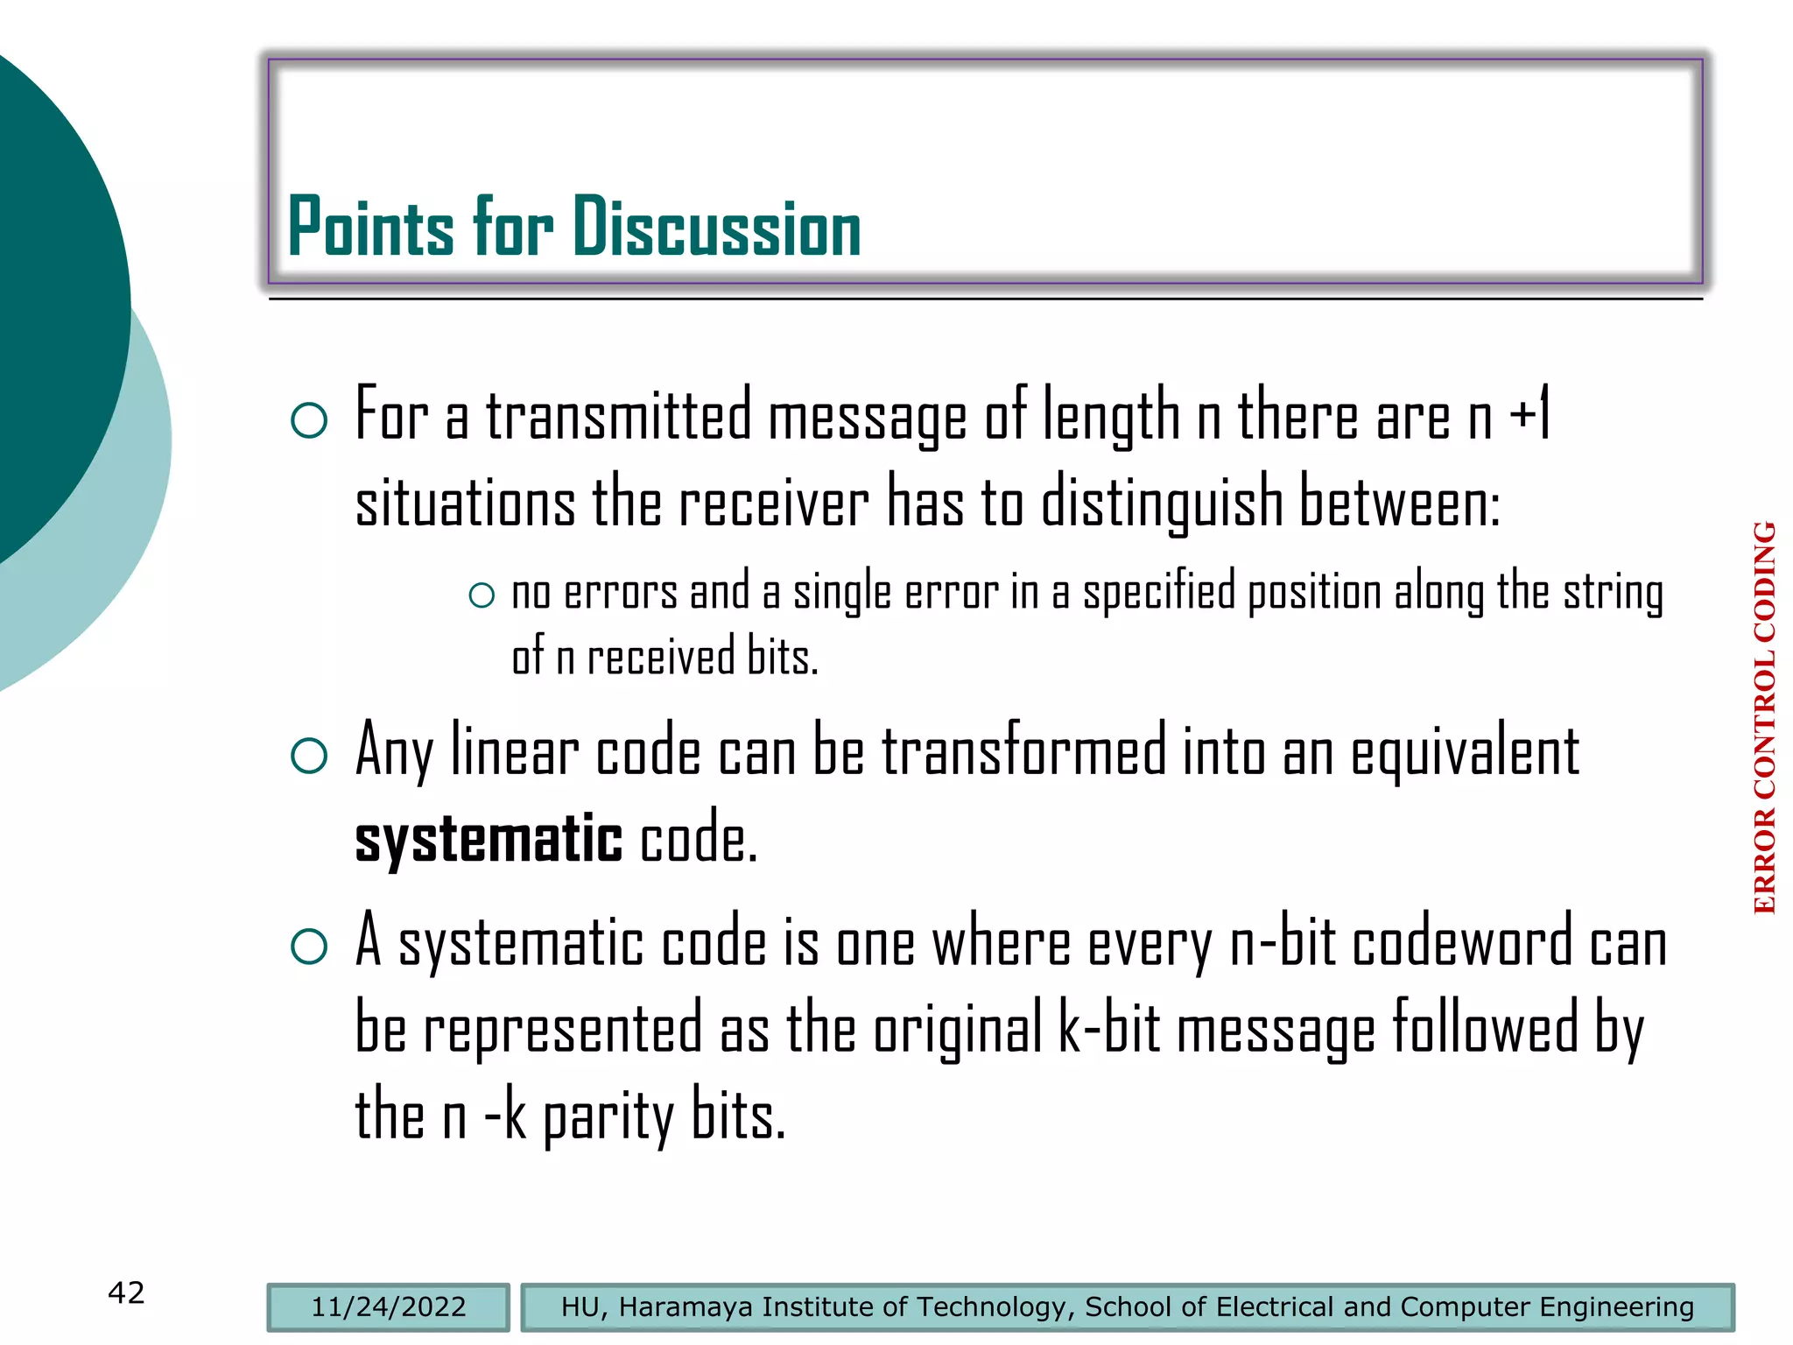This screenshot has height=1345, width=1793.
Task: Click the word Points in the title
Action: pos(370,228)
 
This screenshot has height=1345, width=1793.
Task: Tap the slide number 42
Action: pos(126,1292)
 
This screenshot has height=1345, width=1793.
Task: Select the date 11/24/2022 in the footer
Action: pos(388,1307)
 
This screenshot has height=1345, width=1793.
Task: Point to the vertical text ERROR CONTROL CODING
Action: pos(1764,718)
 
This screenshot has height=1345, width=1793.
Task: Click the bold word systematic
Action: pos(488,839)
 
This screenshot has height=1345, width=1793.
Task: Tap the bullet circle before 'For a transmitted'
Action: pos(309,420)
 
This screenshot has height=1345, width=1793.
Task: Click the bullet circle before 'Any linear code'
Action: pos(309,755)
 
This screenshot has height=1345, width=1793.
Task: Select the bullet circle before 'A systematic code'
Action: pos(309,946)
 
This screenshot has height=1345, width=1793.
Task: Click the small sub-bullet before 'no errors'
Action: pos(482,596)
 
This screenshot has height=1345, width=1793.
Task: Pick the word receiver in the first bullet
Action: pos(774,504)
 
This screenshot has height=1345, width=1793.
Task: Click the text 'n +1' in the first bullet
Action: pos(1509,417)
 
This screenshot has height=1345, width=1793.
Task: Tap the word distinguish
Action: pos(1162,504)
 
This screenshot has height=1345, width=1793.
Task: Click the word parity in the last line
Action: pos(609,1119)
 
